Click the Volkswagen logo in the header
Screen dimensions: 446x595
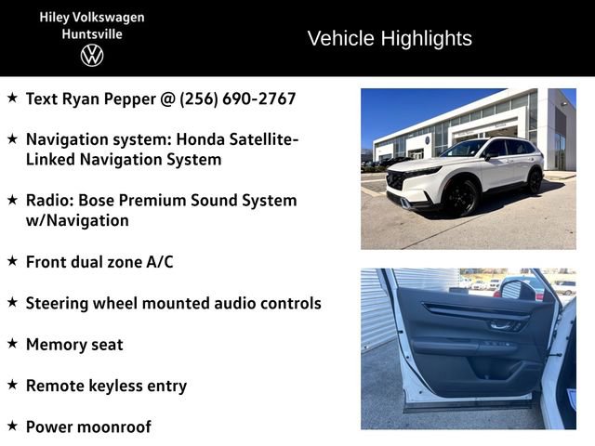(x=92, y=55)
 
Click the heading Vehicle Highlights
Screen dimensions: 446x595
(x=389, y=38)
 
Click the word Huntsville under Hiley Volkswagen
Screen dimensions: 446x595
(x=92, y=33)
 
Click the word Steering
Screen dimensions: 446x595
(x=59, y=303)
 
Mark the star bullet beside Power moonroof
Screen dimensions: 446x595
(x=12, y=426)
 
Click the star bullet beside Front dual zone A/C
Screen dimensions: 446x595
(x=12, y=261)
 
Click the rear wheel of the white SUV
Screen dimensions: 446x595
(x=534, y=179)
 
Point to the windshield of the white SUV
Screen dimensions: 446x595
(x=465, y=149)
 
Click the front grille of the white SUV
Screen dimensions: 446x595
(x=398, y=179)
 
